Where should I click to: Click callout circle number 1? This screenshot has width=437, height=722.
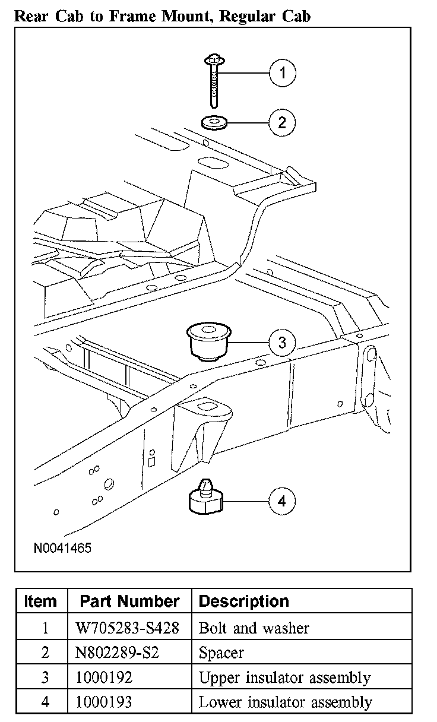point(282,73)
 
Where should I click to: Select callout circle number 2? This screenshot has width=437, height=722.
point(282,122)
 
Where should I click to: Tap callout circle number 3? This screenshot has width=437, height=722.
point(282,342)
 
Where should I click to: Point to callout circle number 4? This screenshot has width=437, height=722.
point(282,501)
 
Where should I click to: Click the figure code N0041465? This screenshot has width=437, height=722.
point(62,547)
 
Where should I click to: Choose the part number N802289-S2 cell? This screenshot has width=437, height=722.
point(118,653)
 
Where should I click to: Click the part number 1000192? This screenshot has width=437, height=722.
point(104,677)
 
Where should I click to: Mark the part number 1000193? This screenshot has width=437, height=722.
point(104,702)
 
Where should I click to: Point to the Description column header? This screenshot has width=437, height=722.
point(243,601)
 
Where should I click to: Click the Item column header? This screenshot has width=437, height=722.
point(41,601)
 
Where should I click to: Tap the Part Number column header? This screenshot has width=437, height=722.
point(129,601)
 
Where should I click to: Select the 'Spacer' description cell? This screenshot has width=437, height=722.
point(221,653)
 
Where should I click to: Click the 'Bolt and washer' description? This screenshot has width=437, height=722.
point(254,628)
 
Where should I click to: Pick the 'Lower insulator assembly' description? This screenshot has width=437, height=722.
point(286,702)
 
